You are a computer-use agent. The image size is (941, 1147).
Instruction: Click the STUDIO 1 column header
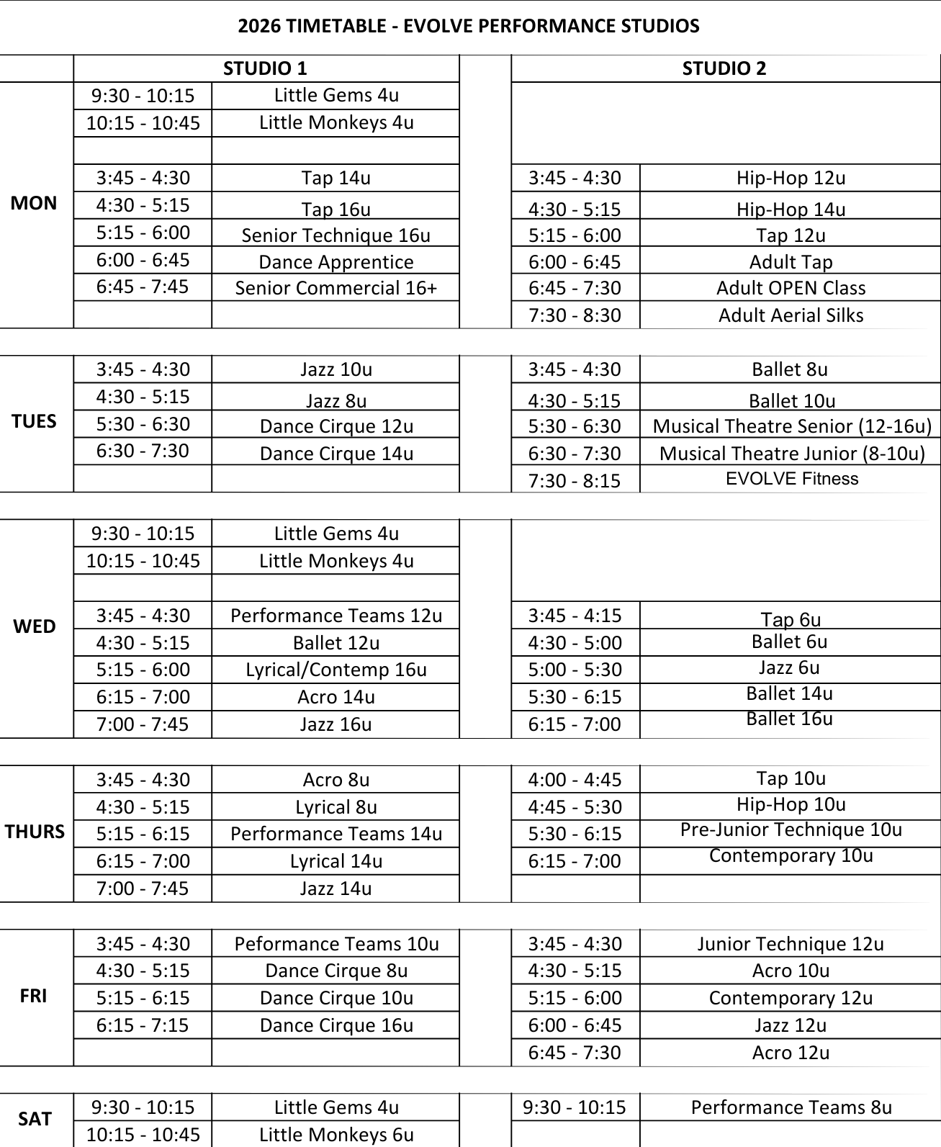coord(265,68)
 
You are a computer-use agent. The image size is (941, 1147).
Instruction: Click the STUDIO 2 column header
coord(724,68)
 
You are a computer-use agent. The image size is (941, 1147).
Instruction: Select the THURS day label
coord(35,832)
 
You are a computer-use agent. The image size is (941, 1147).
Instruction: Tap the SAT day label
coord(35,1119)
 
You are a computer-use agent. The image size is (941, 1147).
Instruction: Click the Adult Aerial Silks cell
coord(791,315)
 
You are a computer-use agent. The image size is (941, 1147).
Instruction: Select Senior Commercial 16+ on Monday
coord(336,288)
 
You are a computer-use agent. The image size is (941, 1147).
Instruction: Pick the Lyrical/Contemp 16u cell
coord(336,670)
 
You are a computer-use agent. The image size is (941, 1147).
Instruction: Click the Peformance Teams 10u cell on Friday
coord(336,944)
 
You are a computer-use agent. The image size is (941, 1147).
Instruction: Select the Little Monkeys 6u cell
coord(336,1135)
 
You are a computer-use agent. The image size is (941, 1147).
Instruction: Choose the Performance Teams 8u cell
coord(791,1107)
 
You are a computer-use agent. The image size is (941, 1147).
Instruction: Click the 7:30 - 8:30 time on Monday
coord(575,315)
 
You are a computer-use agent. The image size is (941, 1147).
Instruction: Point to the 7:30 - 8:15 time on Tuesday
coord(575,480)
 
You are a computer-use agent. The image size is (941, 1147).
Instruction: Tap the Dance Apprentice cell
coord(336,262)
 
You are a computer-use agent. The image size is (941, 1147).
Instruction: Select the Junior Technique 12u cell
coord(791,944)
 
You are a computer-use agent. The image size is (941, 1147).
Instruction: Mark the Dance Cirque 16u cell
coord(336,1025)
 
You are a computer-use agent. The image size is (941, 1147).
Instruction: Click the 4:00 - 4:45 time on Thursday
coord(575,780)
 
